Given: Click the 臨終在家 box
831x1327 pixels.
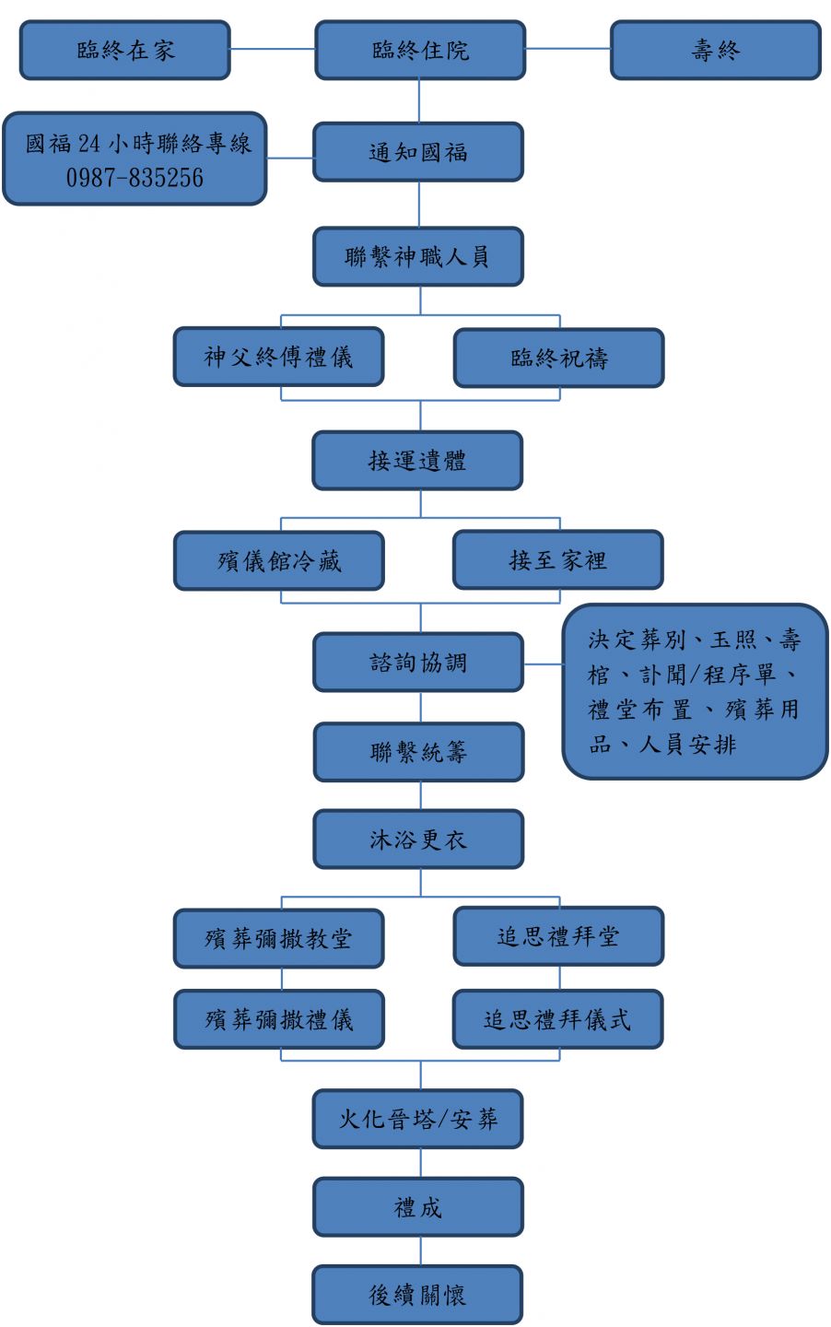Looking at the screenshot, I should pyautogui.click(x=125, y=51).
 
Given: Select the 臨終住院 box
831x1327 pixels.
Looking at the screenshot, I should pyautogui.click(x=420, y=51).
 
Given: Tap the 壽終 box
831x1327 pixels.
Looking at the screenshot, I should pyautogui.click(x=715, y=51).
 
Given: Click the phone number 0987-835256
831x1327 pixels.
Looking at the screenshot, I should pyautogui.click(x=135, y=178).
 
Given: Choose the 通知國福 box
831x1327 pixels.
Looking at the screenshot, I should pyautogui.click(x=418, y=153).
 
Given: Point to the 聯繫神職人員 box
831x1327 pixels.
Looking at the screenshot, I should pyautogui.click(x=418, y=257).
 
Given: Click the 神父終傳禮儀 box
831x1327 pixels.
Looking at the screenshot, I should pyautogui.click(x=278, y=358).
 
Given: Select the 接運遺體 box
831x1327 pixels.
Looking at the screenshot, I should pyautogui.click(x=417, y=461).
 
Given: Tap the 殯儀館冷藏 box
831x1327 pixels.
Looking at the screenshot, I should pyautogui.click(x=278, y=561).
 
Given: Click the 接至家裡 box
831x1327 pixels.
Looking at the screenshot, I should pyautogui.click(x=557, y=560).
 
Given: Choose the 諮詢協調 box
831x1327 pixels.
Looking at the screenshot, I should pyautogui.click(x=418, y=663).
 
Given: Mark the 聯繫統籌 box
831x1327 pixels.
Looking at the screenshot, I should pyautogui.click(x=418, y=753).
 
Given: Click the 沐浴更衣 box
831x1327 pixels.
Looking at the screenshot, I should pyautogui.click(x=418, y=840).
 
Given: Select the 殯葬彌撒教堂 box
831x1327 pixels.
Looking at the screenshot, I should pyautogui.click(x=278, y=939).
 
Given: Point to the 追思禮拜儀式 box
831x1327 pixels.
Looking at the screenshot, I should pyautogui.click(x=557, y=1019).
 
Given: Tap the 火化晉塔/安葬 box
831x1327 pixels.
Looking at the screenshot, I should pyautogui.click(x=417, y=1120).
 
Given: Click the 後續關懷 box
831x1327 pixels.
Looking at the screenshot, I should pyautogui.click(x=417, y=1296).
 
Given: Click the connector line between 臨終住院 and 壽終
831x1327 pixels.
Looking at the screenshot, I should pyautogui.click(x=568, y=49).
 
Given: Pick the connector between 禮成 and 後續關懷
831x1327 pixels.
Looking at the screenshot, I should pyautogui.click(x=421, y=1251).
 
